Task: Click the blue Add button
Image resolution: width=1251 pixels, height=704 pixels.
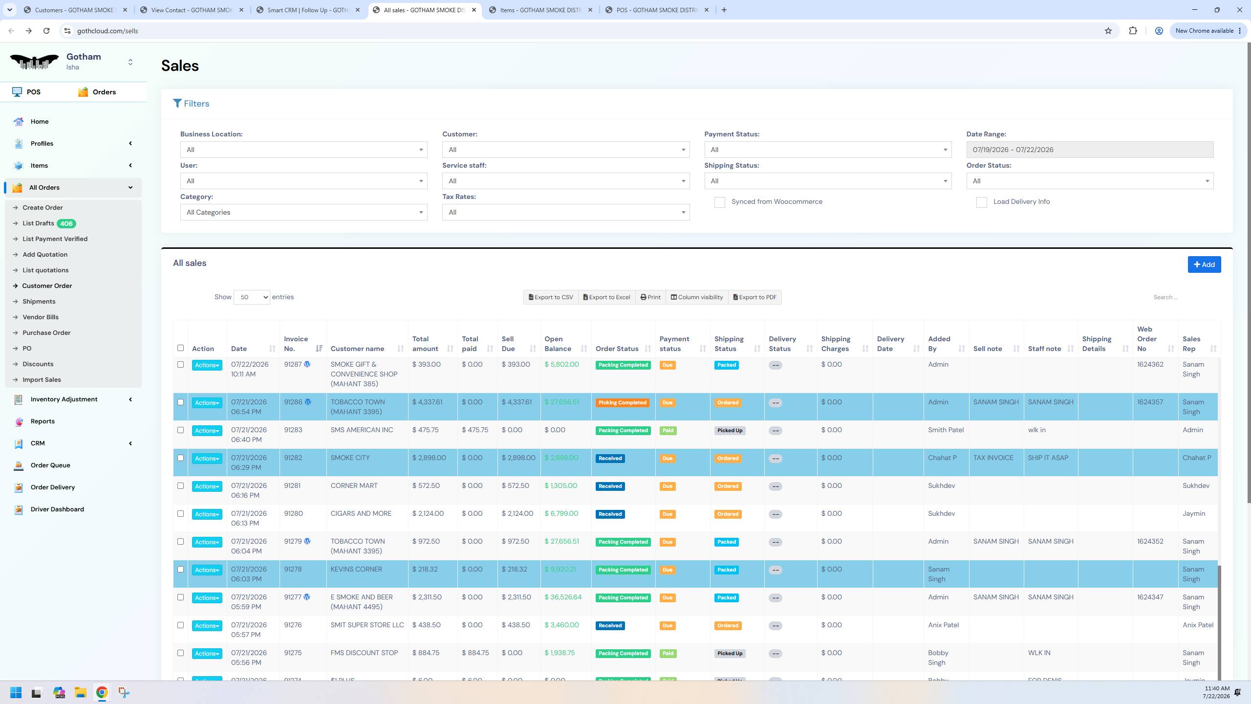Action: (x=1204, y=264)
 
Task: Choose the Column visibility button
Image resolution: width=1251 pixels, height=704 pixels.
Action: (x=696, y=297)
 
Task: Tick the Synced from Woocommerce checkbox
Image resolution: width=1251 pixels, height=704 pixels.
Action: (x=719, y=202)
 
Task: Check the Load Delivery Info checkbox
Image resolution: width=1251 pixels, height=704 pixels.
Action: (x=981, y=202)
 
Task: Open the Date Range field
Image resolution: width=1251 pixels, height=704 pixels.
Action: (x=1090, y=150)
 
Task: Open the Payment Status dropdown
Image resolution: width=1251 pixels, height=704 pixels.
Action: (x=828, y=150)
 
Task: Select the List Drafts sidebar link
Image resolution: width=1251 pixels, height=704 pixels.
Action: (x=38, y=223)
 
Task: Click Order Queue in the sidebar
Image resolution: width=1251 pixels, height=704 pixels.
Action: (x=50, y=465)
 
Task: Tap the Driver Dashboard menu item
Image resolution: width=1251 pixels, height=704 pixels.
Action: (x=57, y=509)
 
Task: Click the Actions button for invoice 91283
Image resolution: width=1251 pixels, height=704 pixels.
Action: (x=207, y=431)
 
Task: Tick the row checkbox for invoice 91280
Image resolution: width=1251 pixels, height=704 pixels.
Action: (x=180, y=514)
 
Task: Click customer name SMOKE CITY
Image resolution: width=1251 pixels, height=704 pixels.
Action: (x=350, y=458)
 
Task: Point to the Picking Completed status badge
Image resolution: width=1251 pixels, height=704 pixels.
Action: (x=622, y=403)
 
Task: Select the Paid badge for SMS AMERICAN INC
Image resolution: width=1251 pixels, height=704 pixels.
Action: (x=668, y=431)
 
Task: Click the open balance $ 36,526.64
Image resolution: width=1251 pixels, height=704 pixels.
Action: (x=563, y=597)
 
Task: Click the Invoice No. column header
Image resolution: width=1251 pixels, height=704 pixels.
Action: (x=296, y=344)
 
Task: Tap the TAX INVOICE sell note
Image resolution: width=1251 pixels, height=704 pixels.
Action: (x=993, y=458)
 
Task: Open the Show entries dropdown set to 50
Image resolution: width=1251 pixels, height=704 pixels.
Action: (x=252, y=297)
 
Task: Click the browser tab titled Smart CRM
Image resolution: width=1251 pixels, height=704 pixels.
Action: (x=308, y=10)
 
